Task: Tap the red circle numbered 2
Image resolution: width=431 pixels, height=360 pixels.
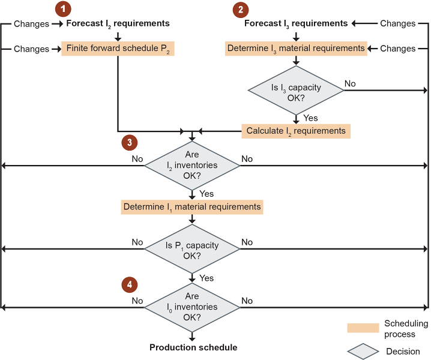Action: [x=241, y=9]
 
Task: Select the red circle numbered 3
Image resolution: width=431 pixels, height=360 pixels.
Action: [x=129, y=142]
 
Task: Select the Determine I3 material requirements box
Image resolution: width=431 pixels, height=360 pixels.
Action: [x=296, y=48]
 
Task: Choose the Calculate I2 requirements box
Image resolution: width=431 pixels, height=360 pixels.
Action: [x=296, y=130]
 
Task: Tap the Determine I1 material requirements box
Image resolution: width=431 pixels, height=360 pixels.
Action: [x=192, y=207]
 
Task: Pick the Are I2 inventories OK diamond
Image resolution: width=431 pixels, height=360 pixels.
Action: [x=192, y=165]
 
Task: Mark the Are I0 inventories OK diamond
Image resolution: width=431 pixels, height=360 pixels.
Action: [x=192, y=307]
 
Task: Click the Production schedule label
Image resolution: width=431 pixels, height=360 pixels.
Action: [x=193, y=347]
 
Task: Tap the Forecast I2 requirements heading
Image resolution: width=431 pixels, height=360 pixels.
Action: [x=118, y=23]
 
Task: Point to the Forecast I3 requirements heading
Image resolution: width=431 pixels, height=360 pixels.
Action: [x=296, y=23]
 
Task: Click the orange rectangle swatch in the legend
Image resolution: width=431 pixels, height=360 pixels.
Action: [x=363, y=328]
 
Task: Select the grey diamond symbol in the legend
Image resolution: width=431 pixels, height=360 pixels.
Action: [x=363, y=351]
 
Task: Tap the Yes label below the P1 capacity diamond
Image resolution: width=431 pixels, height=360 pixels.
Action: [x=206, y=278]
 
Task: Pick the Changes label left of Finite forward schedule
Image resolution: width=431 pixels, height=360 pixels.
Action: [x=31, y=48]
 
